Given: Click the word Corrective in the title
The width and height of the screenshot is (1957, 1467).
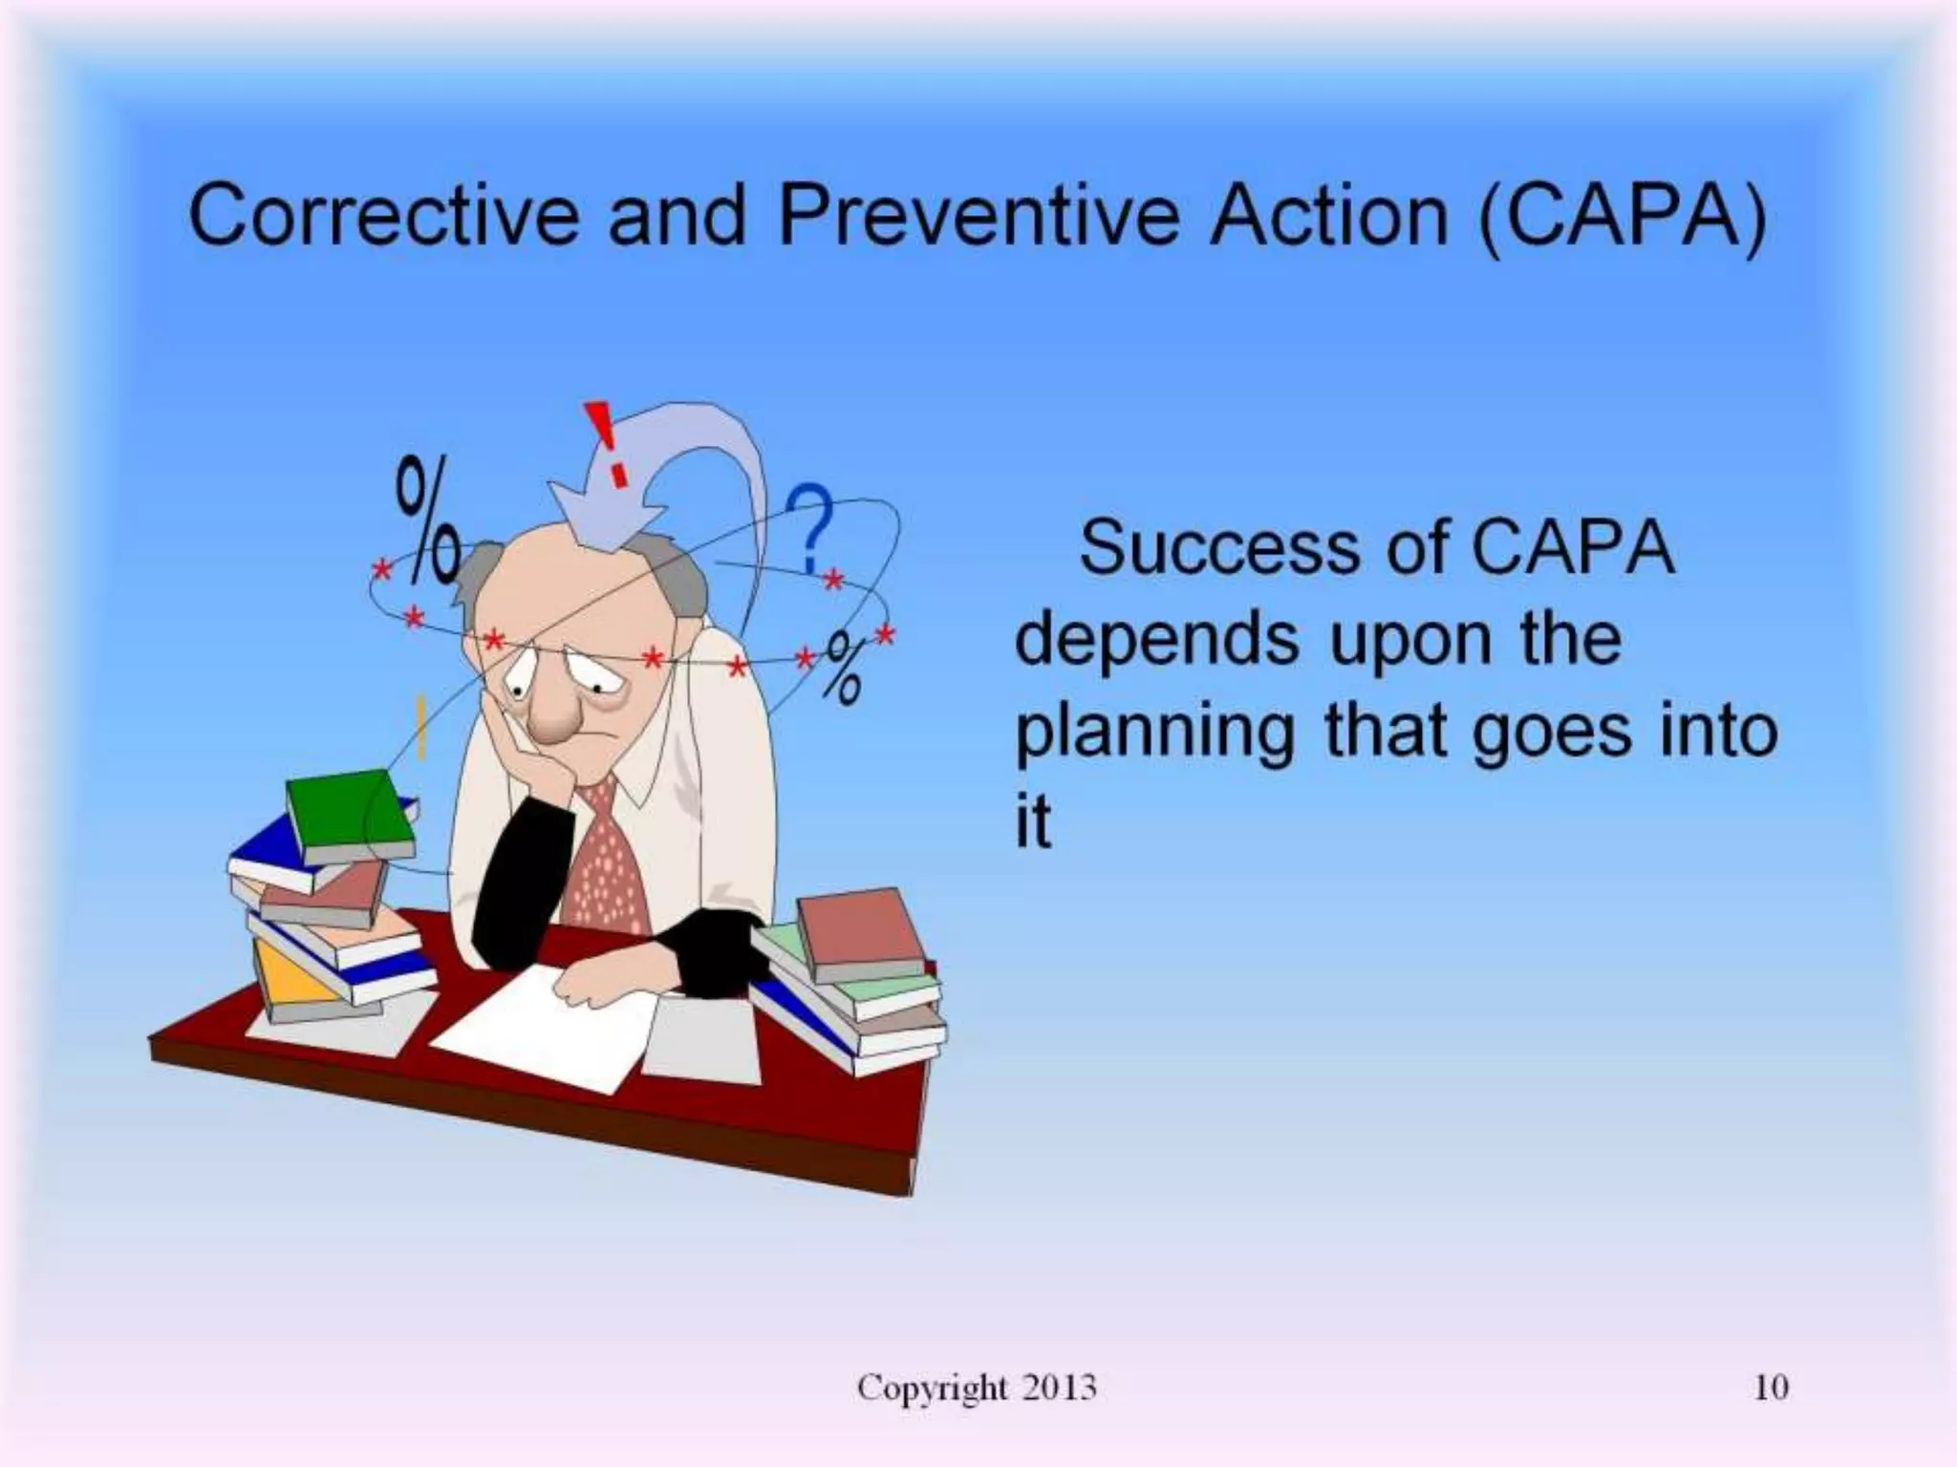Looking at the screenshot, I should point(382,216).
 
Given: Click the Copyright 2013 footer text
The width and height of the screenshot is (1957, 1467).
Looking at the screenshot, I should point(976,1387).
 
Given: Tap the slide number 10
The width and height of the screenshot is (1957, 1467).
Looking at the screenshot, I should point(1771,1387).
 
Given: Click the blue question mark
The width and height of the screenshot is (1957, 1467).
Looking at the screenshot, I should point(810,528).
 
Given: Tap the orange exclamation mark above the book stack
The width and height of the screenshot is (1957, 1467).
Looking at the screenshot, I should point(420,726).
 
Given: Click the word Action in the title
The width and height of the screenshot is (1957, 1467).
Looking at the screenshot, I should point(1328,216).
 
